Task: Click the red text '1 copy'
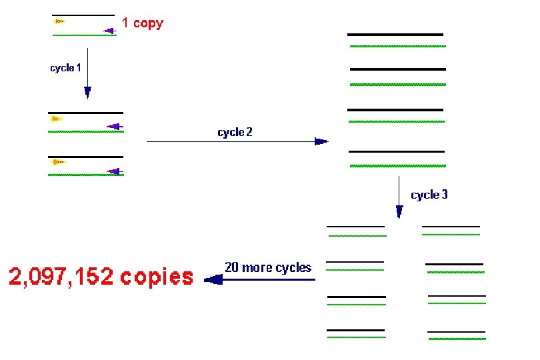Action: point(142,23)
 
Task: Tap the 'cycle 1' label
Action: point(66,68)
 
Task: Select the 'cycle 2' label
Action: point(235,132)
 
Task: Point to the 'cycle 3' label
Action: point(429,195)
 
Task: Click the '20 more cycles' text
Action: point(268,267)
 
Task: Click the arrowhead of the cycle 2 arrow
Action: point(321,141)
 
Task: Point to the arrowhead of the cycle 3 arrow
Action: point(399,212)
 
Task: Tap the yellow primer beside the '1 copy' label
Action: point(59,21)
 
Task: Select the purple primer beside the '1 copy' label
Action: point(109,30)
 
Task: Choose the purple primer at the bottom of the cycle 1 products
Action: point(115,171)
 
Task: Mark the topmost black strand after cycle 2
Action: point(395,34)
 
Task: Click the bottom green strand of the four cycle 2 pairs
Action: point(397,163)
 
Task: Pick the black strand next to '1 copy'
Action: point(83,15)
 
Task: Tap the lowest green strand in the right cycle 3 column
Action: point(457,338)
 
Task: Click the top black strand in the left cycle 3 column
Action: point(355,227)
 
